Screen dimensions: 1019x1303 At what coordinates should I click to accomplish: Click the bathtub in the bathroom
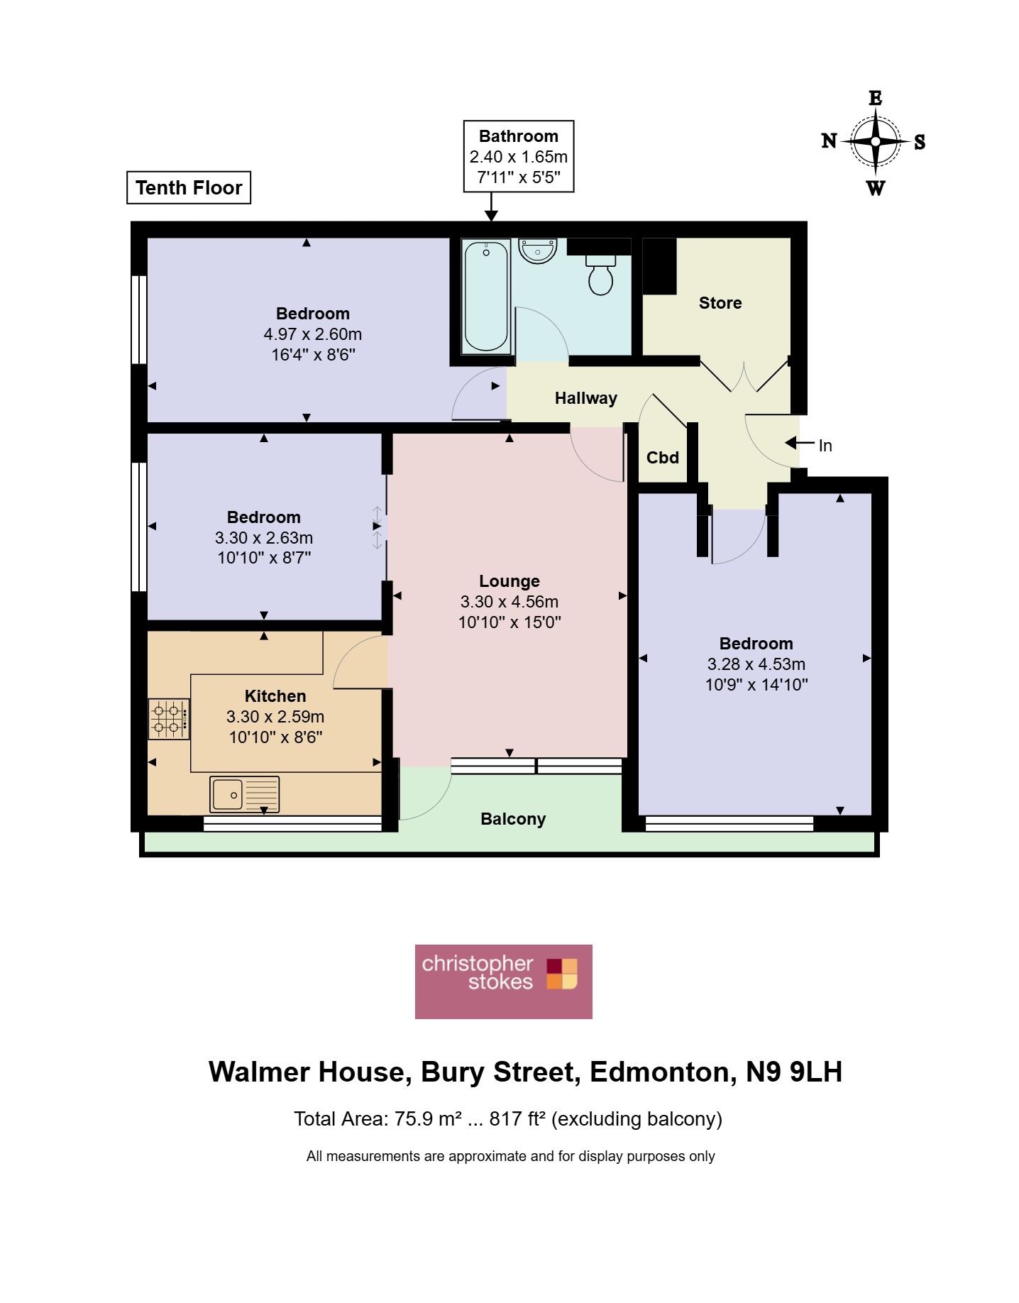486,297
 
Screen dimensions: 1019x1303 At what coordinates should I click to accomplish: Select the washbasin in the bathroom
538,251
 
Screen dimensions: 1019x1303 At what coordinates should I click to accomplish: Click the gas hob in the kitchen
169,719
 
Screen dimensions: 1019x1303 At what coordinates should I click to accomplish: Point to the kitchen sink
245,794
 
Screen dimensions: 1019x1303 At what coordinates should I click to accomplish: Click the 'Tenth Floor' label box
189,187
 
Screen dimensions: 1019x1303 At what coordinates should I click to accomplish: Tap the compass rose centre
876,141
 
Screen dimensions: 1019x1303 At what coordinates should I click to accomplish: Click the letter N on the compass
829,141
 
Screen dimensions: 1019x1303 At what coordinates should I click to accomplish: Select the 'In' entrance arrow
799,444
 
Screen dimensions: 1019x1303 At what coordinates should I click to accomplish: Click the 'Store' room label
720,303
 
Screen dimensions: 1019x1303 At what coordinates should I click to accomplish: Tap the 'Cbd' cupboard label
663,458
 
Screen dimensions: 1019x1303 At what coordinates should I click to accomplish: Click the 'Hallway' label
586,398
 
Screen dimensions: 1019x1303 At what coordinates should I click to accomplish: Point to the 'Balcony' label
513,819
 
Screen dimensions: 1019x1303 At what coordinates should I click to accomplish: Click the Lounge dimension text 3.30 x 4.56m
510,602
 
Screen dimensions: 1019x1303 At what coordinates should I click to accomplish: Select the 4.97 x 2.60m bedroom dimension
313,334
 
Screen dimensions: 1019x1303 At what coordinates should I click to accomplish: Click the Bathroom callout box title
519,136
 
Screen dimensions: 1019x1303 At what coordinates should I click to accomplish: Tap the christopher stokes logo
504,982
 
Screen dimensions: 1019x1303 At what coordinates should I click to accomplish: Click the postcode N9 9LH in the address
794,1072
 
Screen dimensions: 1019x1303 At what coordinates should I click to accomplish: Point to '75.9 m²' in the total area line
428,1119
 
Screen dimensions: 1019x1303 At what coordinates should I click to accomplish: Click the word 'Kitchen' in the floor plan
275,696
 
